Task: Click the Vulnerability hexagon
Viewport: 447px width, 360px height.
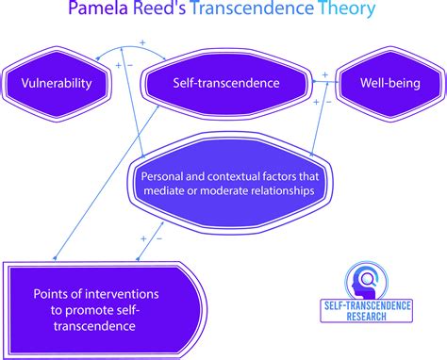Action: click(x=57, y=84)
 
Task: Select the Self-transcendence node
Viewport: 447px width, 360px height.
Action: click(x=226, y=84)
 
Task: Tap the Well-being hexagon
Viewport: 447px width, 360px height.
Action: click(x=390, y=84)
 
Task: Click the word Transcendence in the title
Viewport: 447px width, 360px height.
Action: click(x=252, y=8)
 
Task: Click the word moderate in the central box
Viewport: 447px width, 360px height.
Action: click(x=223, y=190)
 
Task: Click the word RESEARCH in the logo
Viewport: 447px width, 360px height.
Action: click(x=366, y=316)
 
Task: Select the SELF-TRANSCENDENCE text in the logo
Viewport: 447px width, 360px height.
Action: click(x=367, y=305)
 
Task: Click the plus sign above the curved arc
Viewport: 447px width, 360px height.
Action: click(x=142, y=42)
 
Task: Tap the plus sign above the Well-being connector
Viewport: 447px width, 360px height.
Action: click(x=325, y=74)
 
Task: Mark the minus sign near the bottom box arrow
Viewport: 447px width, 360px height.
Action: click(x=159, y=239)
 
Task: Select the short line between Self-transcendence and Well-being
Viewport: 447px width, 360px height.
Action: click(x=326, y=82)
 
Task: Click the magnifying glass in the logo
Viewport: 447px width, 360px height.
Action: click(x=367, y=279)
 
